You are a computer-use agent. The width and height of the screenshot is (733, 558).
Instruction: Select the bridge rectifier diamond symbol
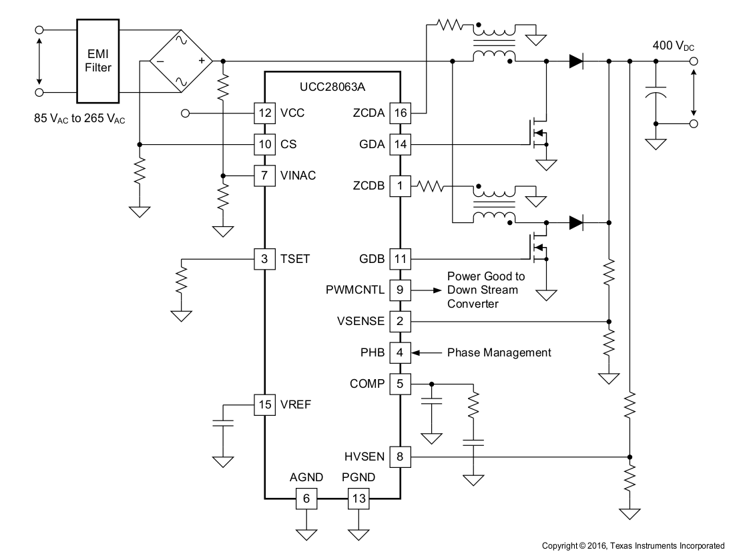180,61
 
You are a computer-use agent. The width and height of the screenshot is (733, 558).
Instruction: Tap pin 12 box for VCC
265,113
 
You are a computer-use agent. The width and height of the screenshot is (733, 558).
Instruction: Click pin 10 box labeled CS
265,144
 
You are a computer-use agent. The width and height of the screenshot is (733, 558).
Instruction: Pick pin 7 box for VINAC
265,176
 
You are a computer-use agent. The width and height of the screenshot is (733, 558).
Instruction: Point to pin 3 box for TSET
265,258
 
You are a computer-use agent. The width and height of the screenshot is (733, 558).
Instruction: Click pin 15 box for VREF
265,404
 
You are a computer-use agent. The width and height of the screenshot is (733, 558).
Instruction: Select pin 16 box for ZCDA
400,113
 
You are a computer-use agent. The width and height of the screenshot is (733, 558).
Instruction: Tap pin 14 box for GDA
400,144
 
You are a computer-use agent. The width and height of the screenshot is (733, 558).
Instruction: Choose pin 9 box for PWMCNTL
400,290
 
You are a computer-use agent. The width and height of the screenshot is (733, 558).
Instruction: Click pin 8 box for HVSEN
400,457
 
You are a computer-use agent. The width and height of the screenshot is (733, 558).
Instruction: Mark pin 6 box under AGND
306,498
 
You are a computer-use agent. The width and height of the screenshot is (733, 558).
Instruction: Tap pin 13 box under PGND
358,498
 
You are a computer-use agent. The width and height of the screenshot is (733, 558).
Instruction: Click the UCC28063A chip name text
332,86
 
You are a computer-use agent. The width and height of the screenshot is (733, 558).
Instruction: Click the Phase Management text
499,352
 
